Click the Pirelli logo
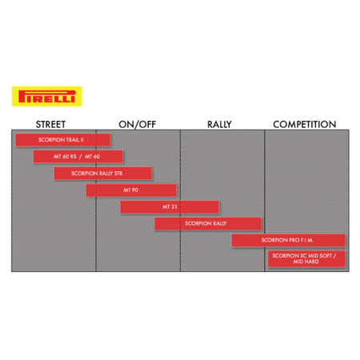tap(46, 96)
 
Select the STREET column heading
tap(50, 125)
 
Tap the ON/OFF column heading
tap(138, 125)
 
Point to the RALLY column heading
tap(219, 125)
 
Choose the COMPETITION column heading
tap(305, 125)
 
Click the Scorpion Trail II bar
tap(63, 140)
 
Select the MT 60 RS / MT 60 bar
tap(78, 157)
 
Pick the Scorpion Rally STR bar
tap(103, 174)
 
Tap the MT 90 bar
tap(131, 190)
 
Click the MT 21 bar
tap(170, 207)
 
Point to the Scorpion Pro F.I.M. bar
tap(288, 240)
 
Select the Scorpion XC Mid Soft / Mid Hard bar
tap(306, 258)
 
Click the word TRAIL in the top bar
tap(73, 140)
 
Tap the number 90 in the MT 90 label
tap(134, 190)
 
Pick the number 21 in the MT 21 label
tap(174, 206)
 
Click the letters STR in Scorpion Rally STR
tap(118, 174)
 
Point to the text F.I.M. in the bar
tap(307, 240)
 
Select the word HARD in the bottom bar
tap(311, 262)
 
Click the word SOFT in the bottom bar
tap(326, 256)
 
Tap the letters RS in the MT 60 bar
tap(73, 157)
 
